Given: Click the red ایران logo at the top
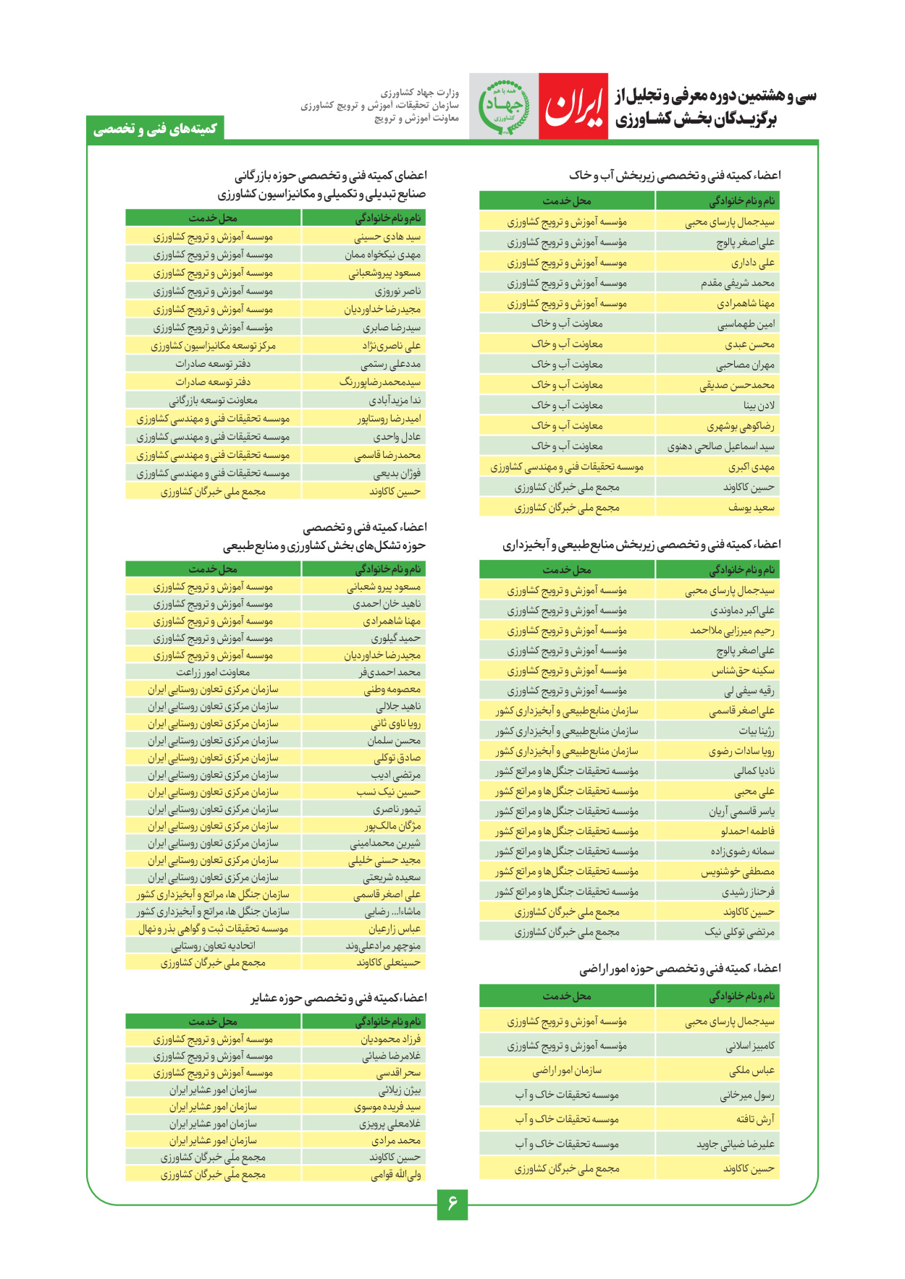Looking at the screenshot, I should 573,106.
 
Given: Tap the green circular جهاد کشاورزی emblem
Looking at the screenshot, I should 504,106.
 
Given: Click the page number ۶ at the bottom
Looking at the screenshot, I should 452,1204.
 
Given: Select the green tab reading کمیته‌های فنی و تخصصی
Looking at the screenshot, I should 155,129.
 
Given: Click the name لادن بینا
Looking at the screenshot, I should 759,406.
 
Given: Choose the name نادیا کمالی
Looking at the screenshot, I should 754,771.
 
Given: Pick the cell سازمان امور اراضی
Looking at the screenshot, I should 567,1071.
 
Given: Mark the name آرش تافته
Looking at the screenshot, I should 755,1120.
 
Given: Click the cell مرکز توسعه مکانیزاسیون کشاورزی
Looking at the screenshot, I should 213,346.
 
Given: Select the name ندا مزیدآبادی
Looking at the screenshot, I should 395,401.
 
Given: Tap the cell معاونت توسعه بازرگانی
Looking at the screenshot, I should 213,401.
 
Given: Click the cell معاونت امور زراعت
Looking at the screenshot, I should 213,673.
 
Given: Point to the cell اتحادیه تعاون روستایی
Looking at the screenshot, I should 213,946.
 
